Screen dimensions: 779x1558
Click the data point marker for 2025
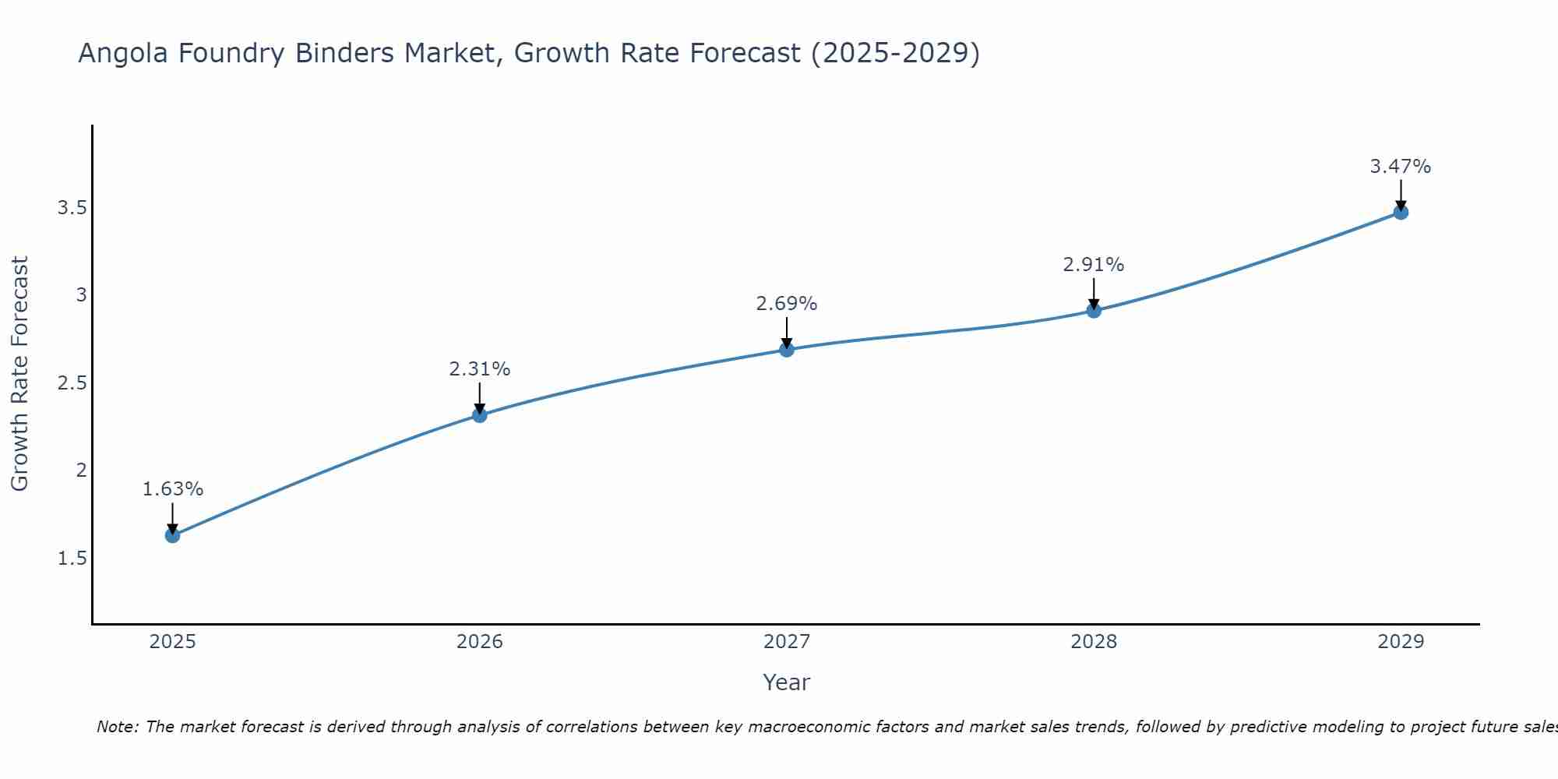172,535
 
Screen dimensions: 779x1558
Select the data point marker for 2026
480,415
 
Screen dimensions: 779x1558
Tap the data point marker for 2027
787,349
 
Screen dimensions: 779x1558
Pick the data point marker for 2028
1094,311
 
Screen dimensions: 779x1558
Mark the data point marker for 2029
1401,212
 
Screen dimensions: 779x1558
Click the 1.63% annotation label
172,489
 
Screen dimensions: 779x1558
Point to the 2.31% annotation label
480,369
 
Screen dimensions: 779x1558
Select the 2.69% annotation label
787,304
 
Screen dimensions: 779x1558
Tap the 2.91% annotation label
1094,265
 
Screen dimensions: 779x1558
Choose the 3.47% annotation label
1401,167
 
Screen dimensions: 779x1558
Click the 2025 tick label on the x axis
172,642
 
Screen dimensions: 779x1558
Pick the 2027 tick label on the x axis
787,642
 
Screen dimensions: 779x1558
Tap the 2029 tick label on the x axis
1401,642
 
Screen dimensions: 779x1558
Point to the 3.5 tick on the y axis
71,208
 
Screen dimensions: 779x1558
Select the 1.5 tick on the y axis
71,559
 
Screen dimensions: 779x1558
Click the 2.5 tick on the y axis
71,383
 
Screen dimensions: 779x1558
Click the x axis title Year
787,682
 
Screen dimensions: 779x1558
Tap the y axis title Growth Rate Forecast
20,374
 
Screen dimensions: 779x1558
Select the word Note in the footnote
116,727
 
